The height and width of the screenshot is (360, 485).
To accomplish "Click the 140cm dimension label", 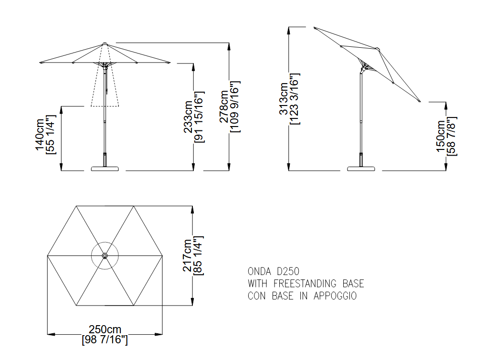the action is [40, 135].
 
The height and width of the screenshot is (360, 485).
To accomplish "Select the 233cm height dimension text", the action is [189, 117].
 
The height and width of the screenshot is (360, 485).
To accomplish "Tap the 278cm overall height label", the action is [224, 106].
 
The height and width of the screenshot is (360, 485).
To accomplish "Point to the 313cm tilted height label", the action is [284, 99].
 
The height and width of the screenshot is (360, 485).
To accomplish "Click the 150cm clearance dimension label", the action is [441, 136].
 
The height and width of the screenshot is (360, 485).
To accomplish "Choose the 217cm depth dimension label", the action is [188, 255].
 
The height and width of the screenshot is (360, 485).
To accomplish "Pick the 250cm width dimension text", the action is [105, 329].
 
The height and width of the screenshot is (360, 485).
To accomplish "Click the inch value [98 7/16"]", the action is [105, 339].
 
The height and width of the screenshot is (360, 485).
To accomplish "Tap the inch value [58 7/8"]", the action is [452, 136].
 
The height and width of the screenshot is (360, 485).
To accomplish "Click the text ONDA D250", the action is [274, 272].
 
